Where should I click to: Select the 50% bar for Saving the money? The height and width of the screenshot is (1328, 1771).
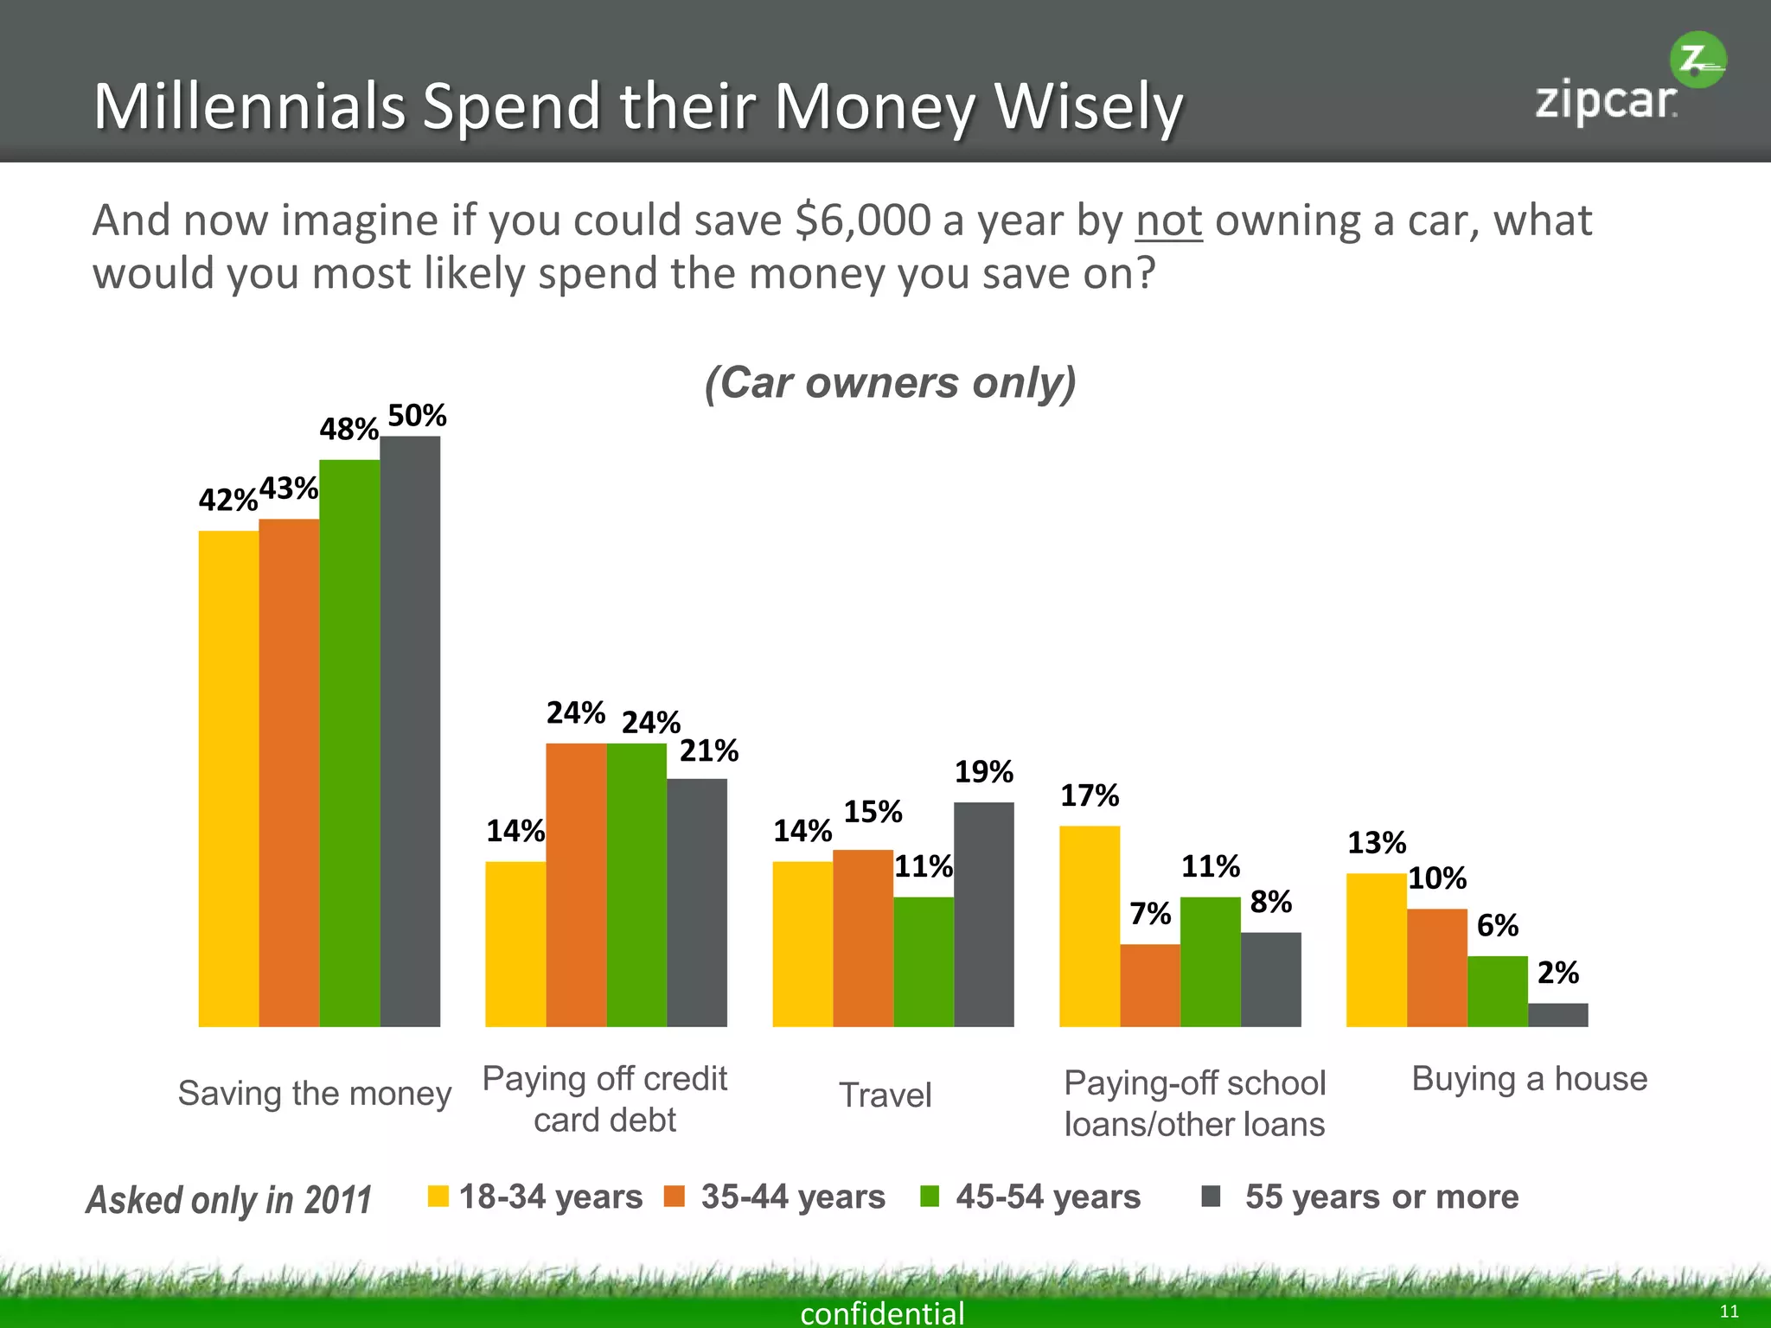click(410, 731)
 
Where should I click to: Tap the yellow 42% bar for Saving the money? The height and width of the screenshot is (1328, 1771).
click(228, 778)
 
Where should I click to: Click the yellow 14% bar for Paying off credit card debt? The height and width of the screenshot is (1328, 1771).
click(515, 943)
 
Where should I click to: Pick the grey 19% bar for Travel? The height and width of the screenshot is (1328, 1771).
click(983, 914)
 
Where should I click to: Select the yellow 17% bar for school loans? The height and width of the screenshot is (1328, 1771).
click(1090, 926)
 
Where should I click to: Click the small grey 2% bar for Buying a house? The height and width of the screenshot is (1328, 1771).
click(1557, 1014)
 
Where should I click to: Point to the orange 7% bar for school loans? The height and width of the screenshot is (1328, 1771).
click(1150, 985)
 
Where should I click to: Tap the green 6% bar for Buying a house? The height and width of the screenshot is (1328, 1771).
click(1497, 991)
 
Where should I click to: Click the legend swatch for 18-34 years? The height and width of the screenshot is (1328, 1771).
click(438, 1197)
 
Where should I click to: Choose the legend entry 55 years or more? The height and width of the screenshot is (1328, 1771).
click(1381, 1197)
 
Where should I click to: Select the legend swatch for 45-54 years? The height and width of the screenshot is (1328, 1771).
click(930, 1197)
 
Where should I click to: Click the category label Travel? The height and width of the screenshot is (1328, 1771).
click(885, 1095)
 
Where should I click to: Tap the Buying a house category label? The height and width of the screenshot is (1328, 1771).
click(1529, 1078)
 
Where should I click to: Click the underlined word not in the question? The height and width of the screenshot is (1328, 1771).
click(1168, 220)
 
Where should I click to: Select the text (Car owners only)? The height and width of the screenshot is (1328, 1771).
click(890, 382)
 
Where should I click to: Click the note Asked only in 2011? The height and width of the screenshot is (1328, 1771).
click(229, 1200)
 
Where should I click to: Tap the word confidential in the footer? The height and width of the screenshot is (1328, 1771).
click(882, 1312)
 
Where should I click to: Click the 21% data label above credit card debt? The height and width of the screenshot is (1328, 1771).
click(708, 750)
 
